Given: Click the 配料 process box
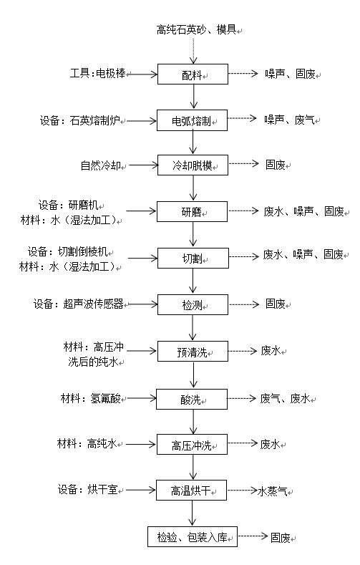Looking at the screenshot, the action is click(193, 74).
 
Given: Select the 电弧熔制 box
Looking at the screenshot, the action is click(193, 120).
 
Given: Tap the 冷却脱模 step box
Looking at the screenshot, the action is click(193, 165).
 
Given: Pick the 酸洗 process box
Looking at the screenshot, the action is click(192, 399).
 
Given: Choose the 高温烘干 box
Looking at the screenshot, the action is click(192, 490).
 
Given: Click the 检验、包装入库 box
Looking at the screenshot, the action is click(193, 536).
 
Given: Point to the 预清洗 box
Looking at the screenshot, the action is click(193, 352).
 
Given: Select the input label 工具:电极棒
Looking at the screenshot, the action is click(97, 74).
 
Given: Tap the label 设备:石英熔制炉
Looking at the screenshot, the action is click(80, 120).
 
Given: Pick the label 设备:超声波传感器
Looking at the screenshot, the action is click(79, 304).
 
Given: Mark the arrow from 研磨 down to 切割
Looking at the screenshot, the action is click(193, 234).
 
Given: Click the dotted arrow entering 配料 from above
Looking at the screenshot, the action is click(193, 49).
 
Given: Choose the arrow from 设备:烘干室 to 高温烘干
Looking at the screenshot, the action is click(141, 490).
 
